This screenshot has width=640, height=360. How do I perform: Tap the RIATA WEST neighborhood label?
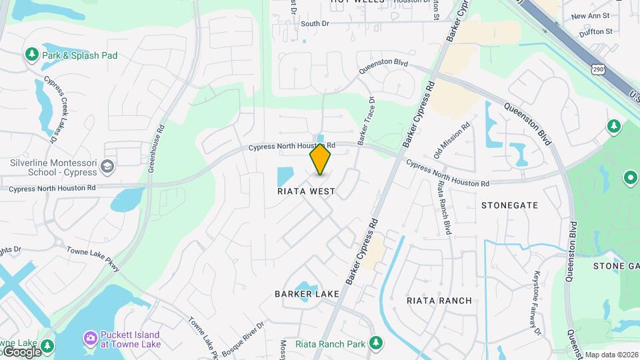point(306,191)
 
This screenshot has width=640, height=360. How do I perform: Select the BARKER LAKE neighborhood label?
point(307,294)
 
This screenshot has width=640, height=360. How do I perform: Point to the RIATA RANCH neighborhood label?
point(439,301)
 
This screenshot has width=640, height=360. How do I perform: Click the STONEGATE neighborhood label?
point(509,205)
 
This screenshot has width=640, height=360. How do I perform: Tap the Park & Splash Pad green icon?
point(31,54)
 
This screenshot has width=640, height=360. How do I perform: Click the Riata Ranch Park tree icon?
point(376,343)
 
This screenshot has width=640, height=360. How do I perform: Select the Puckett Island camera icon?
point(89,339)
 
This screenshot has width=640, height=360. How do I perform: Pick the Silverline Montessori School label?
point(53,167)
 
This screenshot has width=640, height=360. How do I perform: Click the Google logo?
point(21,351)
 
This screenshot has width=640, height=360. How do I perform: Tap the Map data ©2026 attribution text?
point(611,355)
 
